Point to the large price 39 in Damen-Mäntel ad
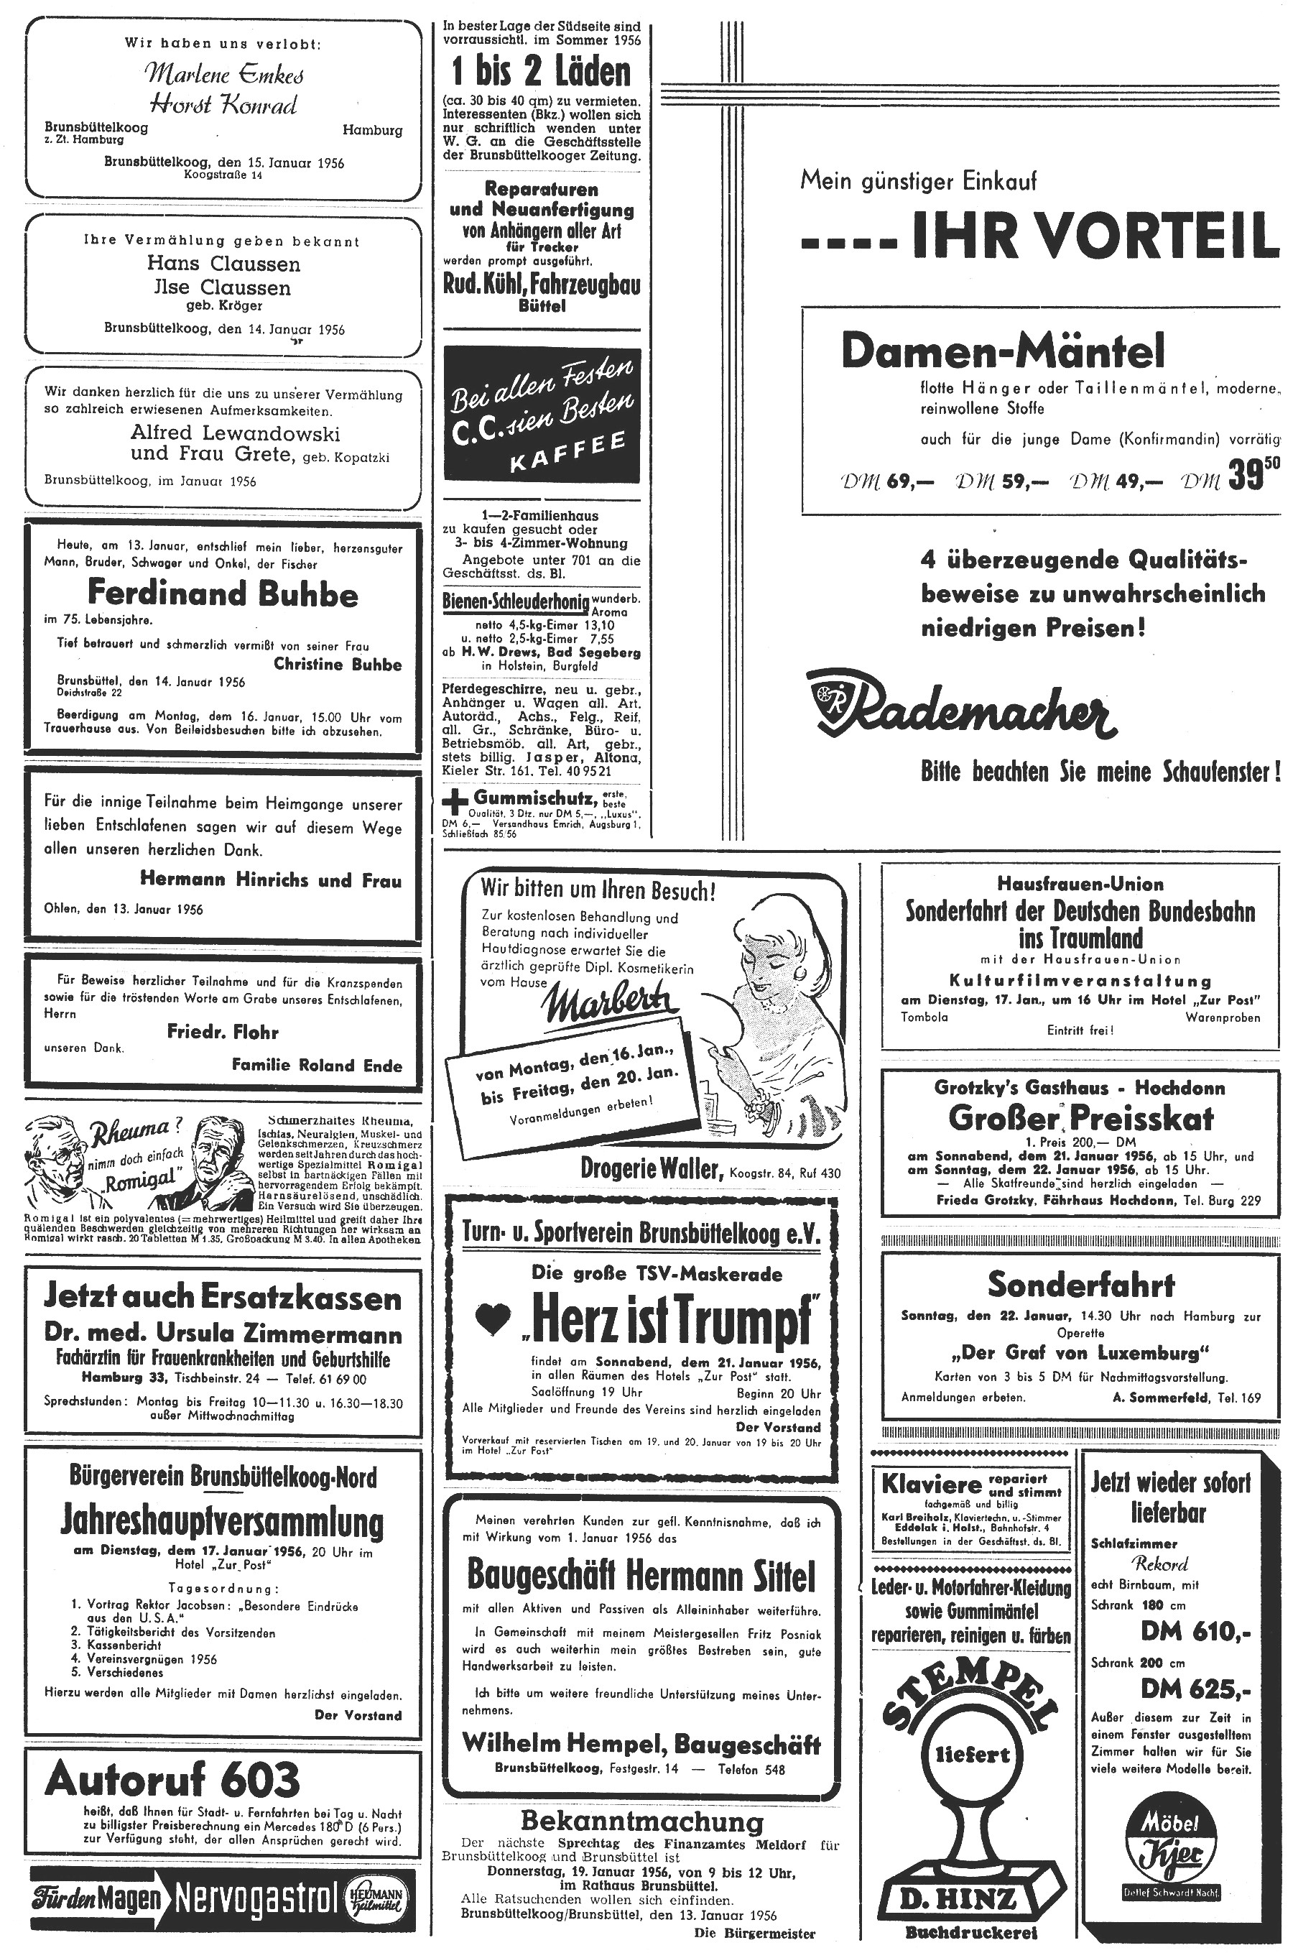point(1244,479)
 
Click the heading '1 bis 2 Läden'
point(541,73)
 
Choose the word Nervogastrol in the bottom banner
point(256,1901)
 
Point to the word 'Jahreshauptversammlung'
point(223,1521)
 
